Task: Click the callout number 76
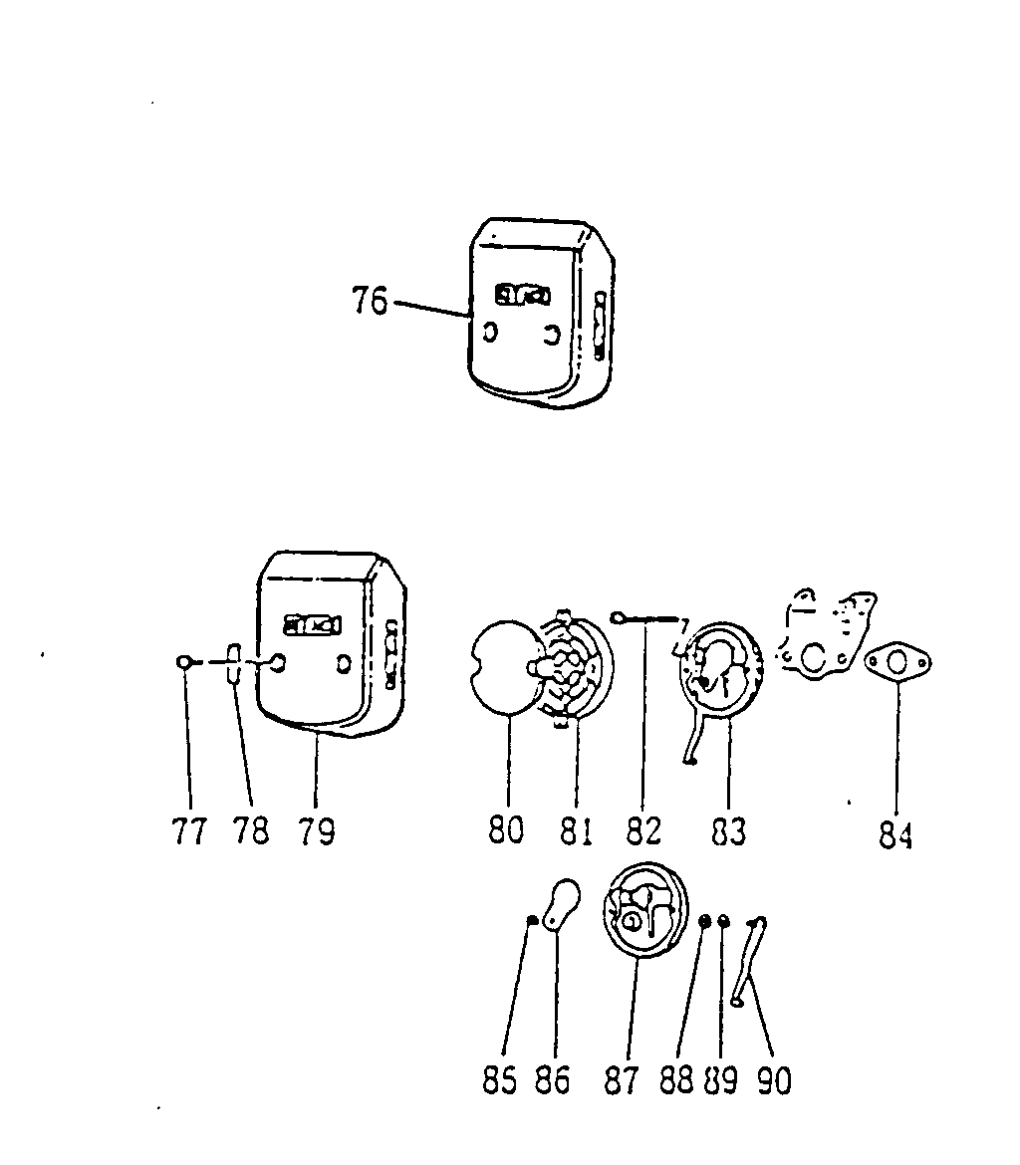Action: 370,300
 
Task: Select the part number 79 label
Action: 316,830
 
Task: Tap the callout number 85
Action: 500,1079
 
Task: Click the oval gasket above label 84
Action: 898,663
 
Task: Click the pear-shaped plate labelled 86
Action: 562,903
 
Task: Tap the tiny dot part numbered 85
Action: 532,919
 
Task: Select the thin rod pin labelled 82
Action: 646,618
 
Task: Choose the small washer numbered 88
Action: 705,921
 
